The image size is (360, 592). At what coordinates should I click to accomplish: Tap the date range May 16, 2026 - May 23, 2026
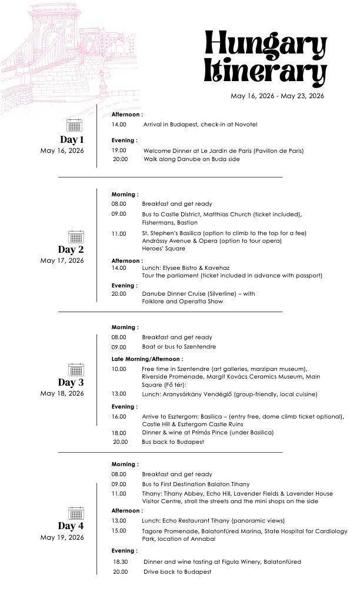[277, 96]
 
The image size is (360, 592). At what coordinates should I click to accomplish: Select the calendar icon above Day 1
[74, 125]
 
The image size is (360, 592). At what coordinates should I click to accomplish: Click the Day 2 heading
[71, 249]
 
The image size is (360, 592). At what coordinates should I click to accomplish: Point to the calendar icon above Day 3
[76, 370]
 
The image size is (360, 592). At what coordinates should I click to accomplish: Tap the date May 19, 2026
[62, 537]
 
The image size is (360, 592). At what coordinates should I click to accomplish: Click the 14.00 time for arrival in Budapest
[119, 125]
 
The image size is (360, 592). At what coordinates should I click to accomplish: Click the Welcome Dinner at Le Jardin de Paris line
[223, 150]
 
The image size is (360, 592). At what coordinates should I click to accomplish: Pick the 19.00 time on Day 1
[119, 150]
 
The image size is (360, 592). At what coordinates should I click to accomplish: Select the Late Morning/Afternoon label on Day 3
[147, 359]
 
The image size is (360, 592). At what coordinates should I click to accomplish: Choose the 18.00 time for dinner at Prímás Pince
[119, 433]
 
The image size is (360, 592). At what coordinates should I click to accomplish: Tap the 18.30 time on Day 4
[120, 561]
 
